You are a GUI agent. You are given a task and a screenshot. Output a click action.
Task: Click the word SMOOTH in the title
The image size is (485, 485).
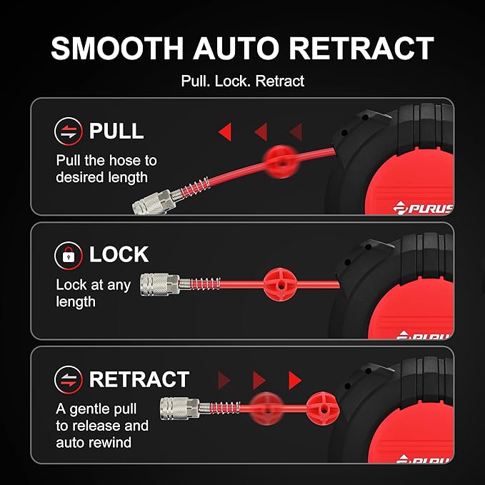pos(117,49)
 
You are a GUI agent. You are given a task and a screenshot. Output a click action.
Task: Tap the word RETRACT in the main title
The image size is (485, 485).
pos(361,49)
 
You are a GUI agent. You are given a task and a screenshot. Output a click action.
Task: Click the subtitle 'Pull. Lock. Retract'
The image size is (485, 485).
pos(243,81)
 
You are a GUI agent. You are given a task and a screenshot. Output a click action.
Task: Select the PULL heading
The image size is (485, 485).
pos(116,131)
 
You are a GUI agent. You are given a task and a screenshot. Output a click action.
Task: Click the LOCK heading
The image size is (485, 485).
pos(119,254)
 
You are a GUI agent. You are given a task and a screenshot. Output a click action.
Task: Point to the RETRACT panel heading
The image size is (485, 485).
pos(139,379)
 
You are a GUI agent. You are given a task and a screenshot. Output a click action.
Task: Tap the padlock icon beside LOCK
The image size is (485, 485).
pos(69,256)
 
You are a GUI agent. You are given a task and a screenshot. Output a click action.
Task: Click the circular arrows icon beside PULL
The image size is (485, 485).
pos(69,131)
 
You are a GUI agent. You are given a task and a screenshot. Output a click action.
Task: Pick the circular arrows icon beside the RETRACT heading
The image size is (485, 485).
pos(69,380)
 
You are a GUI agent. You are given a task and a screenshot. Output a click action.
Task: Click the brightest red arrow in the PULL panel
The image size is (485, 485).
pos(226,131)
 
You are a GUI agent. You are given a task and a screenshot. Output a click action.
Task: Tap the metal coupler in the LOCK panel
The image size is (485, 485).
pos(159,284)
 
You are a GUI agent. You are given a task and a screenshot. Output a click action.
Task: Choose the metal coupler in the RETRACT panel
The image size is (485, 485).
pos(180,409)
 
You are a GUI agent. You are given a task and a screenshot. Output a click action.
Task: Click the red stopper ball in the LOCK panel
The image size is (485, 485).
pos(280,284)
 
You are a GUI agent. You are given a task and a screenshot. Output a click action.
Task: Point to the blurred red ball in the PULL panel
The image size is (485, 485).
pos(281,161)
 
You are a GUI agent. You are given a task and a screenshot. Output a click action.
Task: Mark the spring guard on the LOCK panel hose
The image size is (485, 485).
pos(200,284)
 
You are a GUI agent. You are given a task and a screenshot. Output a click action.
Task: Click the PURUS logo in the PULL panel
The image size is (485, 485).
pos(423,208)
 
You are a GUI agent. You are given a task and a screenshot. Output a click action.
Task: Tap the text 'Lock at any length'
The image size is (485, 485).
pos(93,294)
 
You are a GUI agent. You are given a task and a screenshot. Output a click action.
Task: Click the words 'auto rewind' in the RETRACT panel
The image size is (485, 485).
pos(94,442)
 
